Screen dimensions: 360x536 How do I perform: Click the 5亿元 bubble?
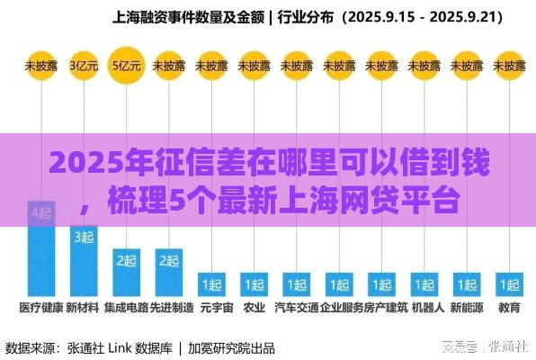(126, 65)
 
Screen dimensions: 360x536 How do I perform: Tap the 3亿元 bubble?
(84, 65)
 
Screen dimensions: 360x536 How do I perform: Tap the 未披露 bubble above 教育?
(510, 65)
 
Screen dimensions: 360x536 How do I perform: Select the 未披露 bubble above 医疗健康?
(40, 65)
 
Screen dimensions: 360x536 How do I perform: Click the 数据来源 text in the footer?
(34, 346)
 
